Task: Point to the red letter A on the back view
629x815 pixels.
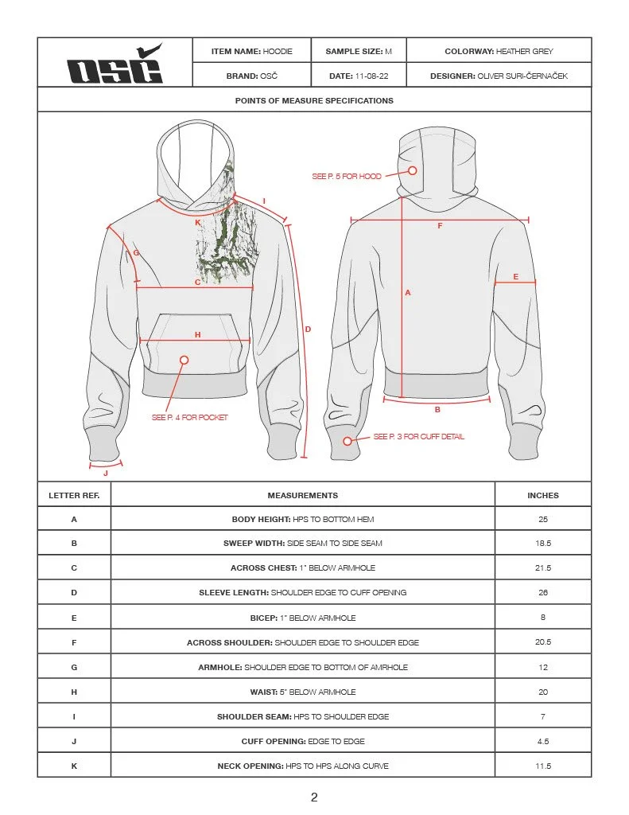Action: pos(408,293)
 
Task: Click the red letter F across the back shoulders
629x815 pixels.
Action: pos(440,226)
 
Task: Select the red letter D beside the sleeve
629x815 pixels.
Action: pos(308,329)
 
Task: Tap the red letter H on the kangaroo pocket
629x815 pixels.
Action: pos(197,334)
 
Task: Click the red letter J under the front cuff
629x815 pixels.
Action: pos(106,473)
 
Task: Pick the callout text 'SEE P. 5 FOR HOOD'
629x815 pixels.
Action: pos(347,176)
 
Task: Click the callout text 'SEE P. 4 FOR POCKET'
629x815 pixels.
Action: pos(189,417)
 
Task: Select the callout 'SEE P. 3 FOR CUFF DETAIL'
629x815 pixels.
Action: pos(419,437)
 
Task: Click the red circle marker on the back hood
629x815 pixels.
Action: pos(413,170)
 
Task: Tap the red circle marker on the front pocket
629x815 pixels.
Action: pos(184,361)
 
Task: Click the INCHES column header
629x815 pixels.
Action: pos(543,495)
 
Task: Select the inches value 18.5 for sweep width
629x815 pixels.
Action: pos(543,544)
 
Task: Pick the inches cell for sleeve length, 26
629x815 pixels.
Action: pos(543,593)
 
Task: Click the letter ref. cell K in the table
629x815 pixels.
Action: pos(74,766)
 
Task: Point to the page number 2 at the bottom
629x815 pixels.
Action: pos(314,797)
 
